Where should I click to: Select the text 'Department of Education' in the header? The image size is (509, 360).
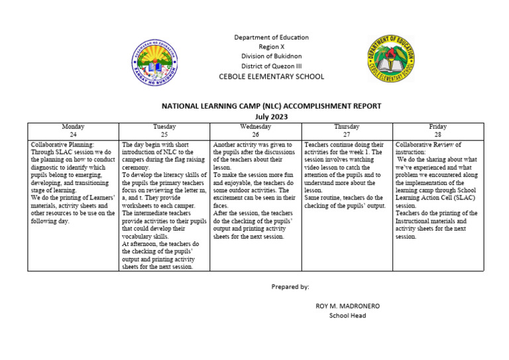271,37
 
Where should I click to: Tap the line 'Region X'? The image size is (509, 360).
271,47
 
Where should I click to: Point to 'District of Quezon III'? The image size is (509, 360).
271,66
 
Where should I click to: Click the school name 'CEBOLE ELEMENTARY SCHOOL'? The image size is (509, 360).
271,77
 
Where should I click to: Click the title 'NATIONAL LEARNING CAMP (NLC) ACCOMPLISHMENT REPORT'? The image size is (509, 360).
272,106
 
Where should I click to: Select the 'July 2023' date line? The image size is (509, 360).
272,117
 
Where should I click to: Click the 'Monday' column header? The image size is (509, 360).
73,127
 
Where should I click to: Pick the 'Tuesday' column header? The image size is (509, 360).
164,127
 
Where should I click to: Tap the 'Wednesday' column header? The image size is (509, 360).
255,127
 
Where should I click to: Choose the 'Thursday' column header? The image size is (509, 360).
347,127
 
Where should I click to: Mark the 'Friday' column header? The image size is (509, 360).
437,127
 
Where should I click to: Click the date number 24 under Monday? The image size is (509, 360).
73,134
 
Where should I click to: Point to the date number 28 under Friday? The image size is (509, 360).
437,134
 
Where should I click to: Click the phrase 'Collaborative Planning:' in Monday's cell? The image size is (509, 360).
63,144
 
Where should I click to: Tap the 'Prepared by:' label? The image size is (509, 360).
290,286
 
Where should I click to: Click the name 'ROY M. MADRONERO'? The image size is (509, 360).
347,306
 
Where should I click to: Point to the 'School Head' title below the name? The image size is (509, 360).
347,316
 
